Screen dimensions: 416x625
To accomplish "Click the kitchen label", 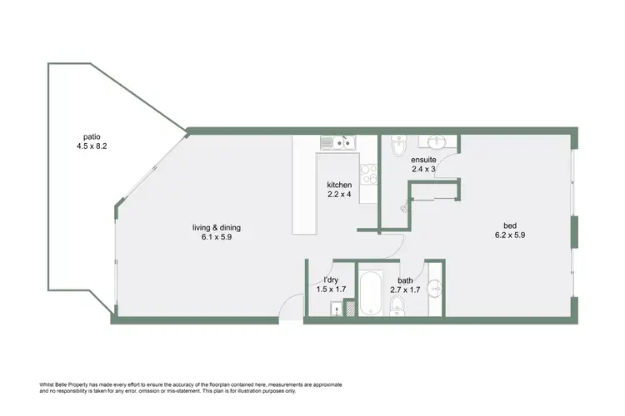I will [x=339, y=185].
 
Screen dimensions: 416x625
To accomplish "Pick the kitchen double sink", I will [x=341, y=144].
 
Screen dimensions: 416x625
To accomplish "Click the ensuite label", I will [x=423, y=158].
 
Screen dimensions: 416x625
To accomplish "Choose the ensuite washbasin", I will [x=437, y=140].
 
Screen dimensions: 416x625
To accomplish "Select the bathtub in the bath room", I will [x=371, y=291].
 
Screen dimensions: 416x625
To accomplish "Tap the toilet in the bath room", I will [x=397, y=309].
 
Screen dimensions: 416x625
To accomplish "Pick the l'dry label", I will [x=331, y=280].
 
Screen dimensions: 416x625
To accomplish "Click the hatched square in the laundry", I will [x=350, y=309].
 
